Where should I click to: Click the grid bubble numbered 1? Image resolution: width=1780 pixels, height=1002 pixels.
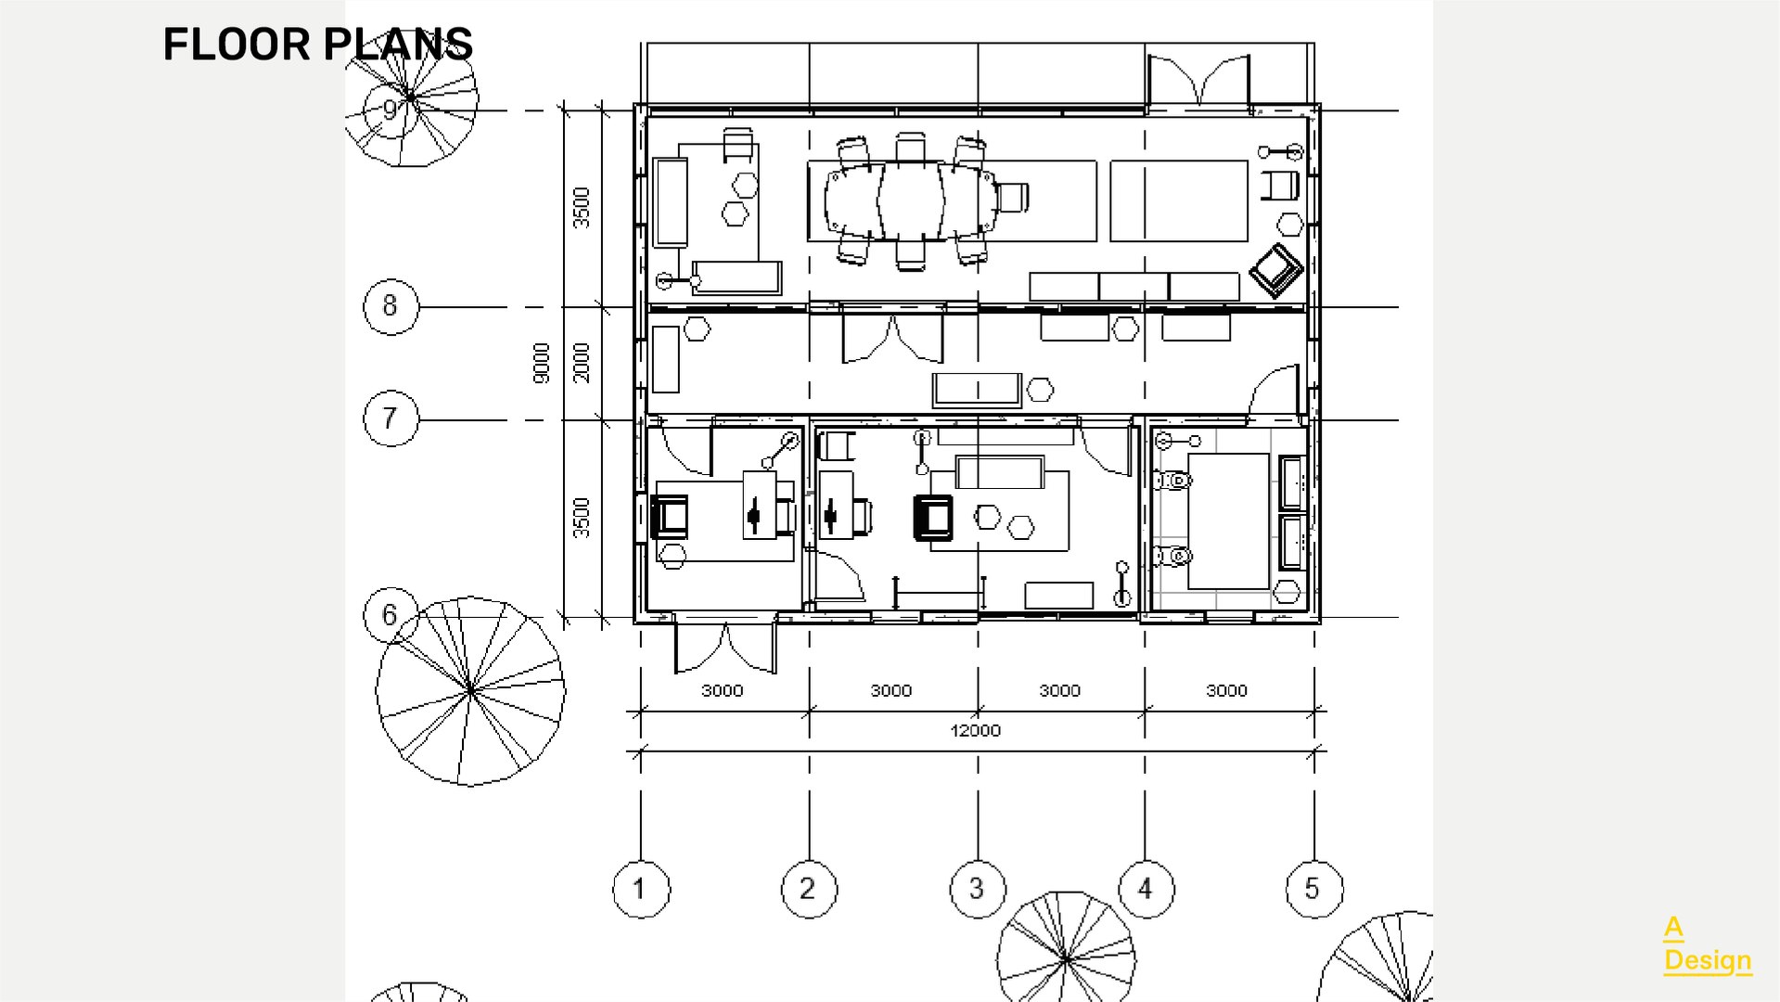click(x=640, y=889)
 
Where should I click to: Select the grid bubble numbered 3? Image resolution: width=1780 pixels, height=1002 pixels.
click(x=977, y=889)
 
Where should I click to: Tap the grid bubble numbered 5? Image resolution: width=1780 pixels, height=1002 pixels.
click(x=1313, y=889)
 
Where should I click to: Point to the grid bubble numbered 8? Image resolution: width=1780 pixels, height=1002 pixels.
click(x=391, y=306)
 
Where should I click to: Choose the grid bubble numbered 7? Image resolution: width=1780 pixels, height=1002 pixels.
click(x=391, y=418)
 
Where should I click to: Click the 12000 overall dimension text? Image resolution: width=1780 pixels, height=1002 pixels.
click(x=976, y=730)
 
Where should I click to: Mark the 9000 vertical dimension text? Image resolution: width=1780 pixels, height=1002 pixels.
click(x=542, y=363)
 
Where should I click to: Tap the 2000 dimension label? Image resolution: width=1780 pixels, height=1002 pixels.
click(x=581, y=362)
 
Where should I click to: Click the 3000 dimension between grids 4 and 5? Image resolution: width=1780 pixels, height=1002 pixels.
click(x=1226, y=690)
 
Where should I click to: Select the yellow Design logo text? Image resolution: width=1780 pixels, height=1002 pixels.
click(x=1708, y=960)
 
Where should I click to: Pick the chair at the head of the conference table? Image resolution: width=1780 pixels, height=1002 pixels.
click(x=1013, y=197)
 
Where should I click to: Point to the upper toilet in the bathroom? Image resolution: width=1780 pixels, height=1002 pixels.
click(x=1172, y=481)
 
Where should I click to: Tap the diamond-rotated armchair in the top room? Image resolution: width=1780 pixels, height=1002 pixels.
click(x=1276, y=270)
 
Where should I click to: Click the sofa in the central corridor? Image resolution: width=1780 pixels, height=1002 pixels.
click(x=977, y=390)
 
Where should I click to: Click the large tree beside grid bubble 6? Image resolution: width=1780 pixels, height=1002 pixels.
click(x=470, y=691)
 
